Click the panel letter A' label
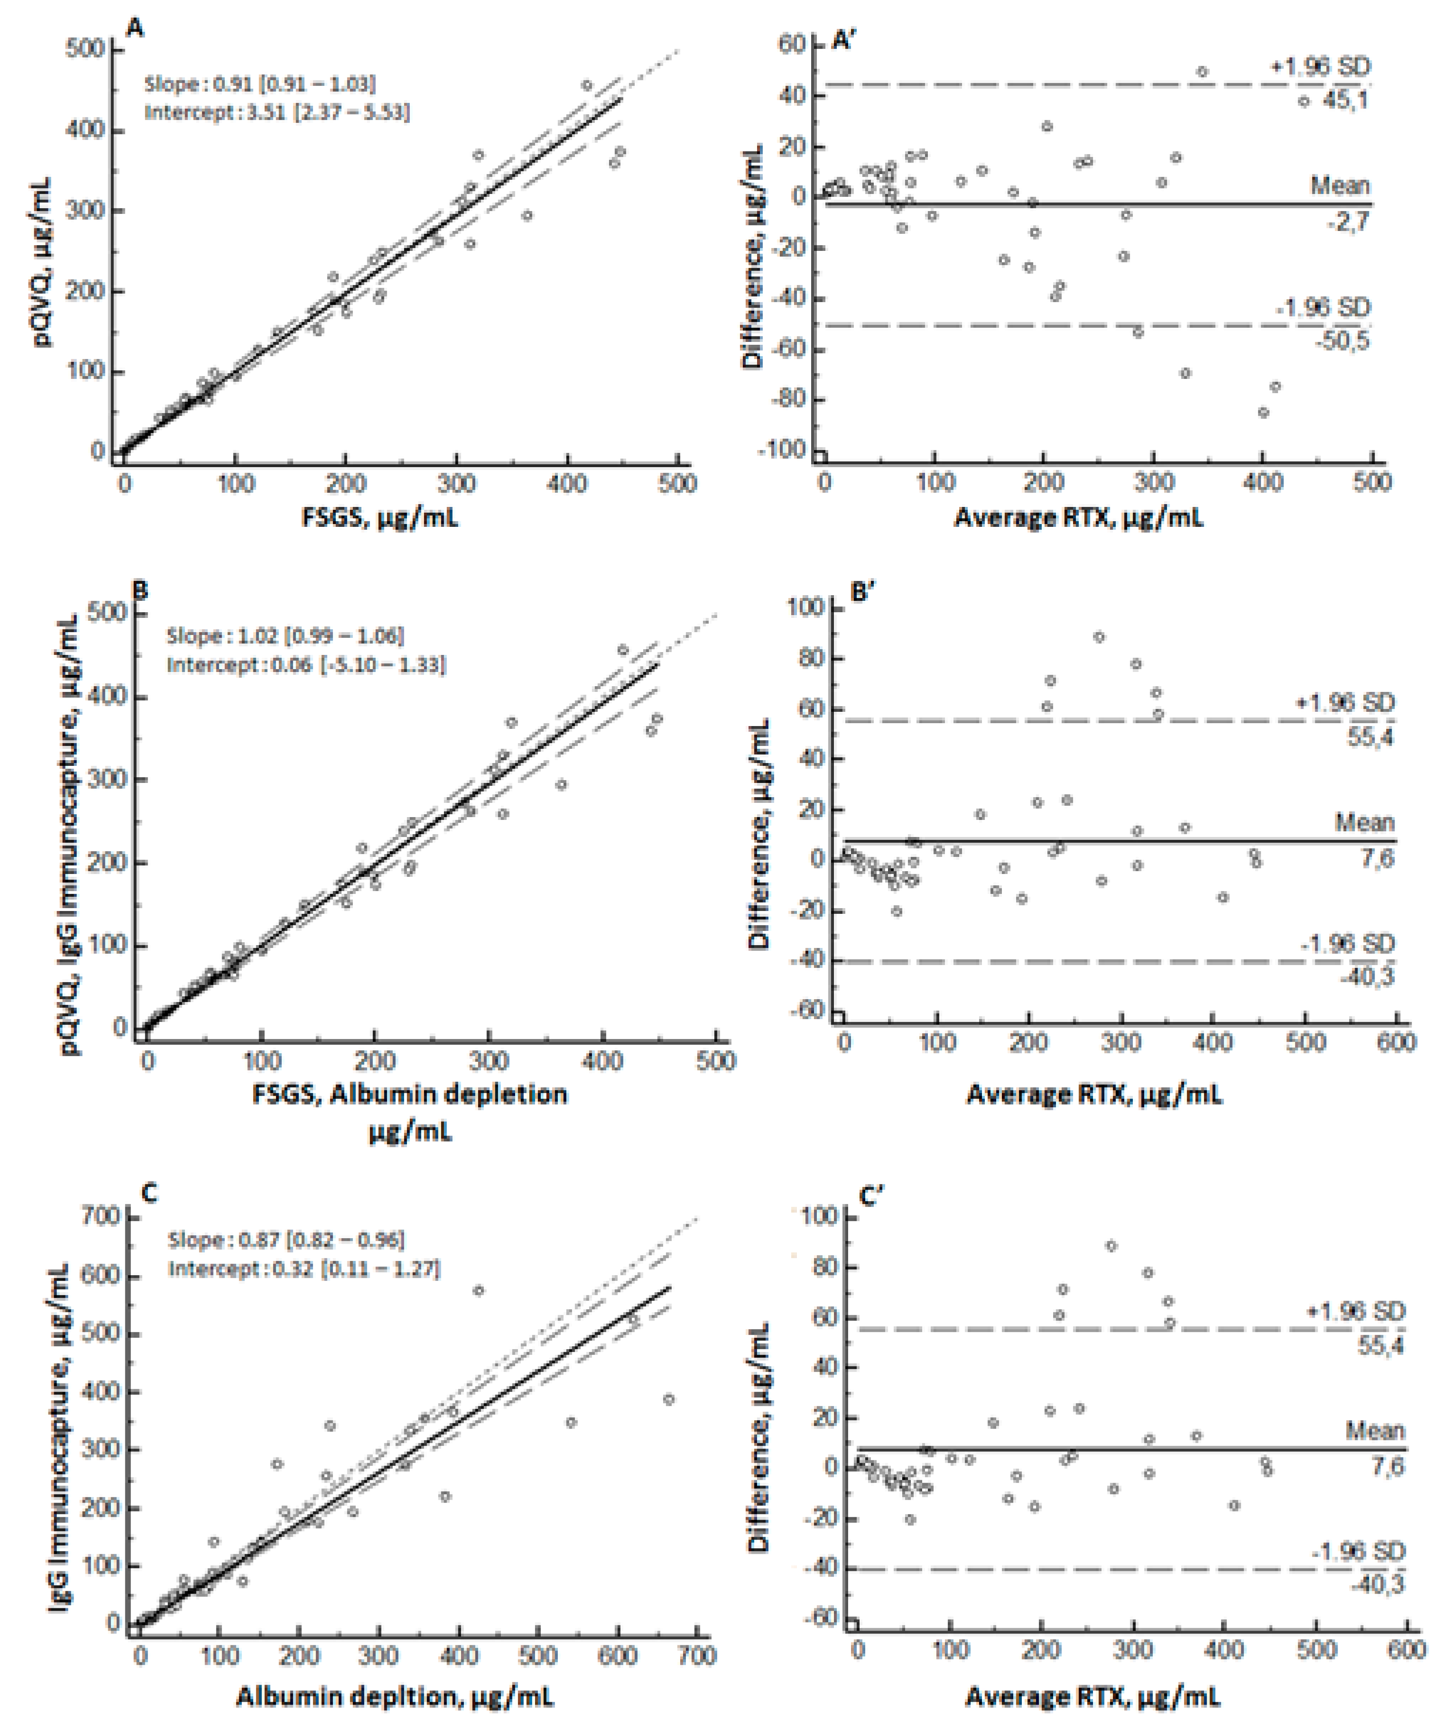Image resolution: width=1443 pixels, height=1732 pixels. (846, 40)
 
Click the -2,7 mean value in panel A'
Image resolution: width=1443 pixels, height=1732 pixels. (1348, 221)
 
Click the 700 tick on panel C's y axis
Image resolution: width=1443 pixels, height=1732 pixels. (102, 1217)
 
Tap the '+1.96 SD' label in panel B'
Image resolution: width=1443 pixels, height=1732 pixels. (1345, 702)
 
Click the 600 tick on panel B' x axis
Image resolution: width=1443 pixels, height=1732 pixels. (1396, 1042)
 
